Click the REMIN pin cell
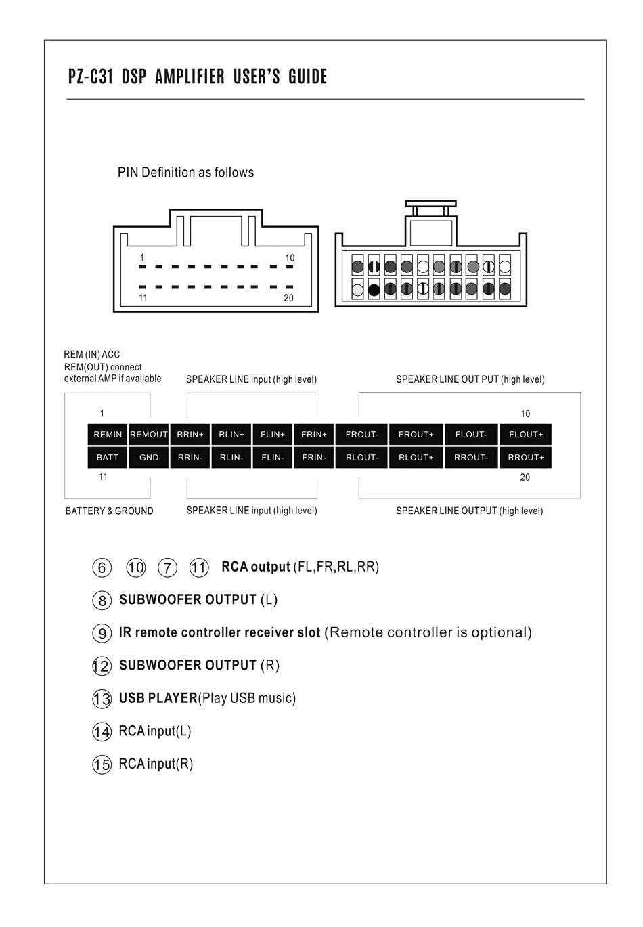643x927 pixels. click(108, 435)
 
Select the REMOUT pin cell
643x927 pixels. click(149, 435)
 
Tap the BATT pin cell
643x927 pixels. click(108, 458)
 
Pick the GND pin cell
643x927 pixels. click(149, 458)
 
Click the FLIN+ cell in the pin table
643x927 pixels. click(273, 435)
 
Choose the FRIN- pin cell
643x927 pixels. click(314, 458)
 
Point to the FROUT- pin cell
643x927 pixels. click(362, 435)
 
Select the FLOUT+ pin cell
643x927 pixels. click(526, 435)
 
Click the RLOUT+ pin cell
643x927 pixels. click(416, 458)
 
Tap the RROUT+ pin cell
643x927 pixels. click(526, 458)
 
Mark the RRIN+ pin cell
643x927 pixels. click(190, 435)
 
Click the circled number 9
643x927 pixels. click(102, 633)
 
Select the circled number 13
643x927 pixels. click(102, 699)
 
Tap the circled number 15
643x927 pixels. click(102, 764)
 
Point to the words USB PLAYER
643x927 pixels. click(158, 698)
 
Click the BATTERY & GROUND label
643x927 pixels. click(110, 511)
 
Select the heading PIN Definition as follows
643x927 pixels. click(186, 173)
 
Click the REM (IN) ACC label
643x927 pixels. click(92, 354)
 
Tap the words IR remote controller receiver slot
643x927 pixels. click(220, 632)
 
